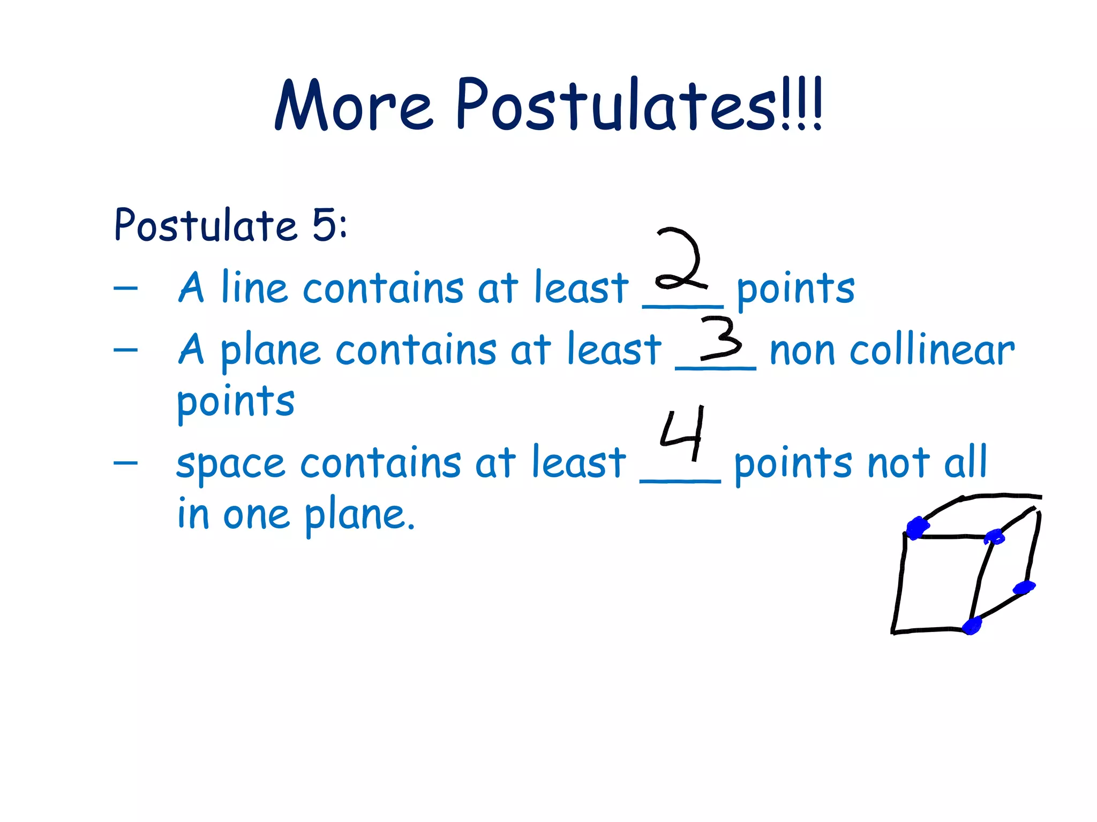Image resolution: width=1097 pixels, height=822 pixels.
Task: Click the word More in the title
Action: click(354, 106)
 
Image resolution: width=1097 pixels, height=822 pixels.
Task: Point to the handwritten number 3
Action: click(722, 338)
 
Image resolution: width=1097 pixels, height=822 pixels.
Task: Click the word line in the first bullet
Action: click(254, 288)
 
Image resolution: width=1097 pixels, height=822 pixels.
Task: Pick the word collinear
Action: click(932, 351)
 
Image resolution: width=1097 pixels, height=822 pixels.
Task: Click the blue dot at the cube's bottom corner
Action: click(972, 626)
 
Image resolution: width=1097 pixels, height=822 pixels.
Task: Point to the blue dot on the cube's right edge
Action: click(1024, 588)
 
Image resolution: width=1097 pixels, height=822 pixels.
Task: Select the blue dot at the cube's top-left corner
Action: click(918, 528)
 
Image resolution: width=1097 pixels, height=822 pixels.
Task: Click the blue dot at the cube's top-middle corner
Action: click(995, 536)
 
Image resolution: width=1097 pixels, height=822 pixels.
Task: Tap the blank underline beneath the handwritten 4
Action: click(680, 481)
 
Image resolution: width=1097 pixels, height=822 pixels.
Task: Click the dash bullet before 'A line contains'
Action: click(126, 288)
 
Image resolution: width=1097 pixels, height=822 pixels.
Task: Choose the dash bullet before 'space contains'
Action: click(126, 462)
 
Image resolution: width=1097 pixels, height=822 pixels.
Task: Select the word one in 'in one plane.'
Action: click(257, 515)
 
